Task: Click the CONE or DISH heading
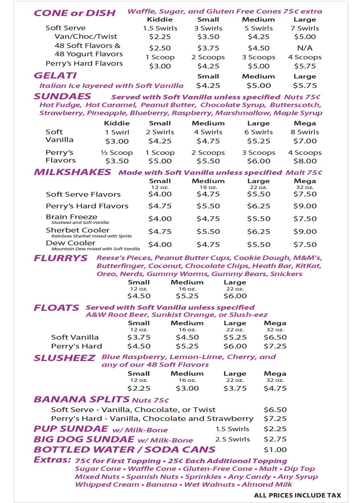coord(75,13)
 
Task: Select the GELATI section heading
coord(55,75)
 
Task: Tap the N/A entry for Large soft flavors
coord(305,48)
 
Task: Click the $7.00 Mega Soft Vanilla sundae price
coord(305,141)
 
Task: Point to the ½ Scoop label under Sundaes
coord(117,153)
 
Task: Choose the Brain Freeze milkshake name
coord(71,217)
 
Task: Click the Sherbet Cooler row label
coord(78,230)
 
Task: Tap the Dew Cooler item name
coord(71,243)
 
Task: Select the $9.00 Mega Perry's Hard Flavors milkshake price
coord(305,206)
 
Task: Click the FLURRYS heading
coord(61,258)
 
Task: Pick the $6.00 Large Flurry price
coord(235,296)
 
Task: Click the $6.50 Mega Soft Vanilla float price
coord(275,337)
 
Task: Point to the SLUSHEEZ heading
coord(64,358)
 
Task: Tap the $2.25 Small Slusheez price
coord(139,388)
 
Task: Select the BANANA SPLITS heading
coord(82,399)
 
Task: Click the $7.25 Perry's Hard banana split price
coord(275,419)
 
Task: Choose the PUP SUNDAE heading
coord(71,429)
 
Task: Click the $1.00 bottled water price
coord(275,450)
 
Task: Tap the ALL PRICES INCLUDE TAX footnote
coord(297,495)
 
